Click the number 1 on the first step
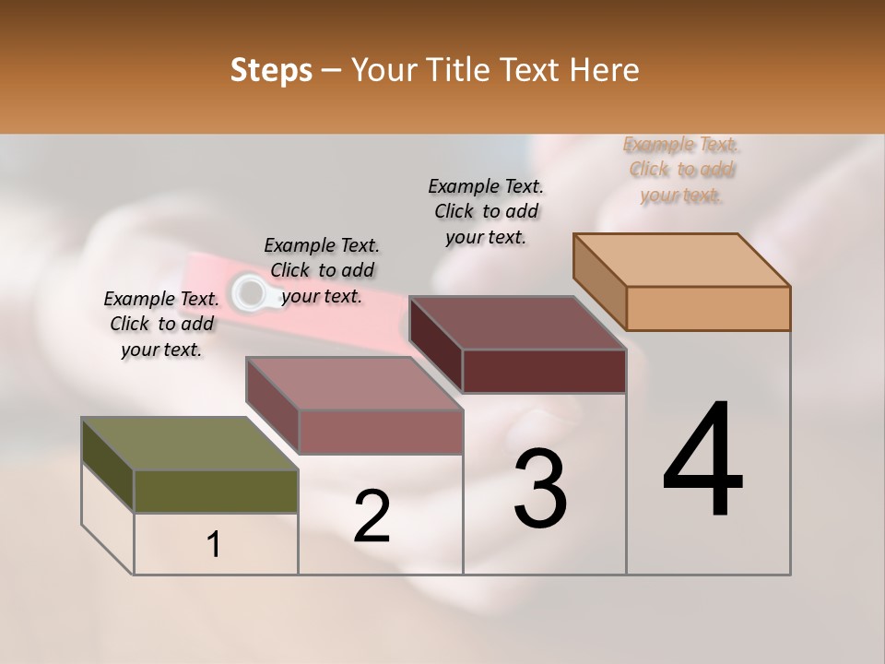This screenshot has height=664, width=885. [x=214, y=544]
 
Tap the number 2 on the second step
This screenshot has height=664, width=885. [x=372, y=516]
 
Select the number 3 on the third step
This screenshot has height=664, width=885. [x=540, y=489]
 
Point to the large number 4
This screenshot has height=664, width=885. [x=703, y=461]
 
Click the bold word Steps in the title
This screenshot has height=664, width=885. [x=271, y=70]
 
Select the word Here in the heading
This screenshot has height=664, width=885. [x=606, y=70]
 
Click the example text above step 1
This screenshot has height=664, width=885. [x=161, y=324]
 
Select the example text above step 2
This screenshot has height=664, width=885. [x=322, y=270]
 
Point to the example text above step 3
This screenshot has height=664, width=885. [x=486, y=211]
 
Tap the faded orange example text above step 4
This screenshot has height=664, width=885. [x=681, y=170]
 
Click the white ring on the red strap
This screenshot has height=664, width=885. [x=248, y=291]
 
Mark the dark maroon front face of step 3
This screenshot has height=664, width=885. [x=544, y=371]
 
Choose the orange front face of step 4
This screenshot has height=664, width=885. [x=708, y=308]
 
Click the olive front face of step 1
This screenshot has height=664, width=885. [x=216, y=491]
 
